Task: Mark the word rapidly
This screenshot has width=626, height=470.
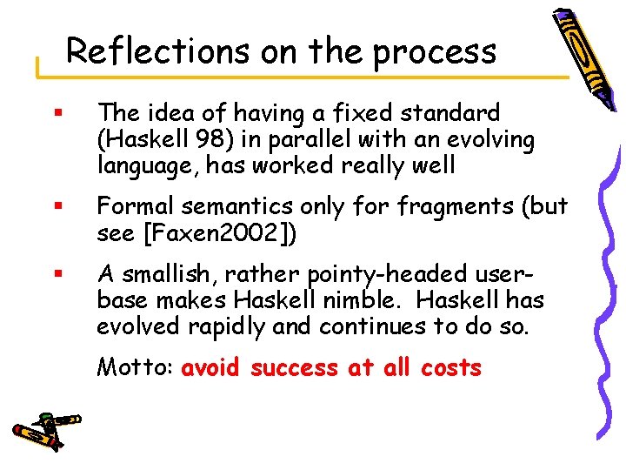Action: click(x=260, y=326)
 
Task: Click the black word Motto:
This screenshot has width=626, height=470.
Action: click(x=135, y=367)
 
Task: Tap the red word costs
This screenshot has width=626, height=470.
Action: click(x=450, y=368)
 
